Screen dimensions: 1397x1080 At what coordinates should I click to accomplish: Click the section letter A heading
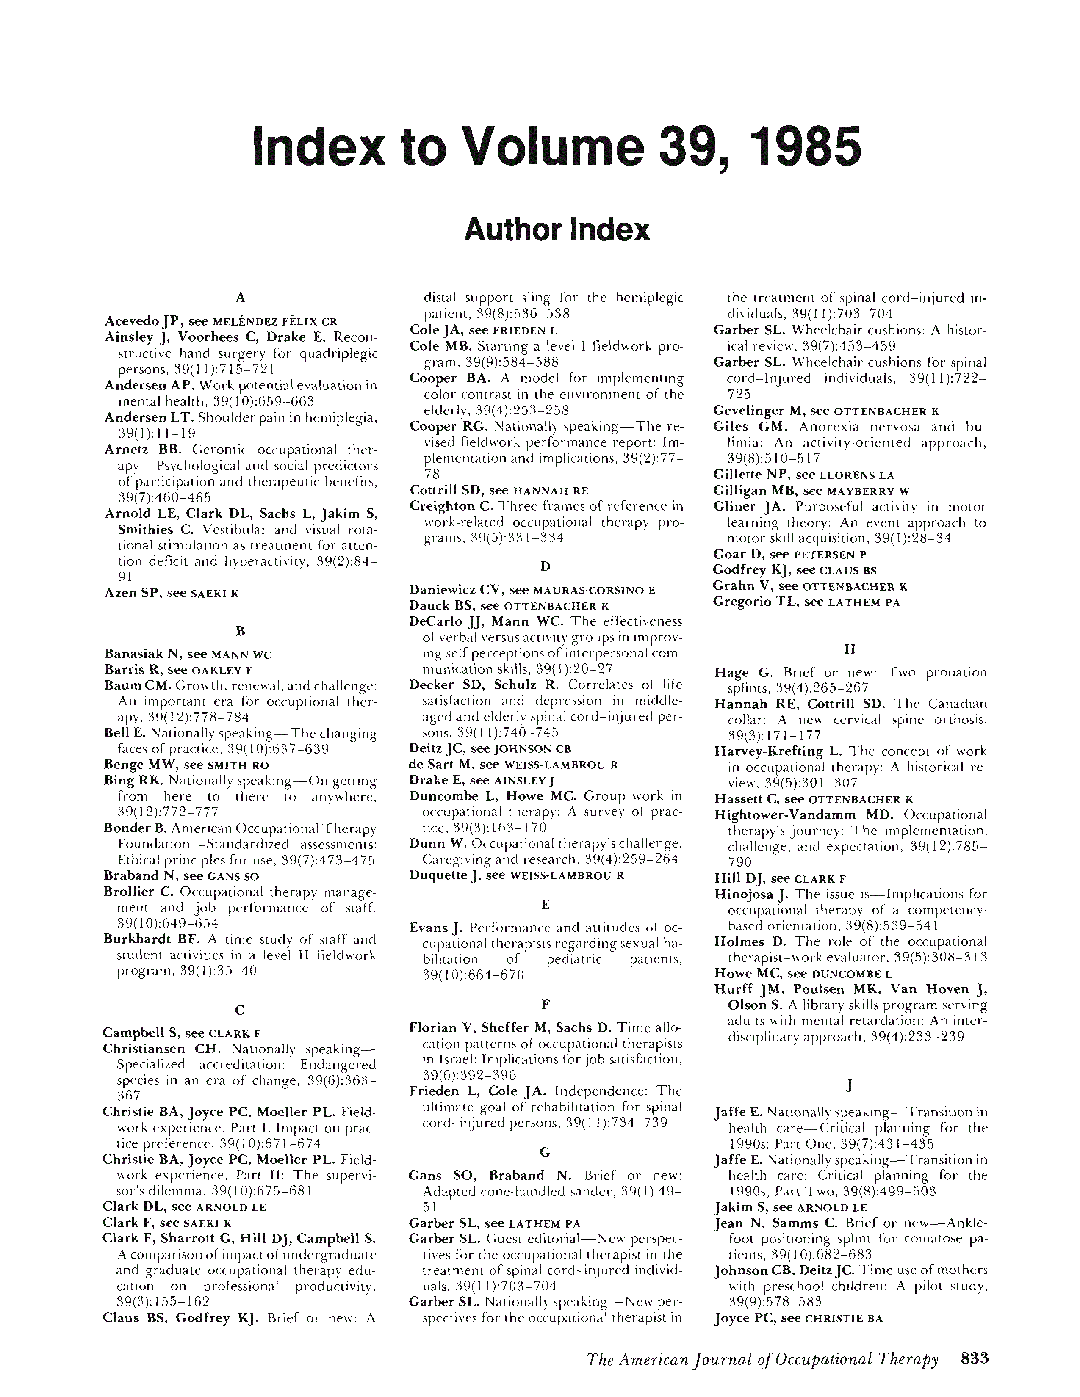click(241, 297)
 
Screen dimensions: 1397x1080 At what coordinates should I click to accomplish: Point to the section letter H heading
click(850, 649)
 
